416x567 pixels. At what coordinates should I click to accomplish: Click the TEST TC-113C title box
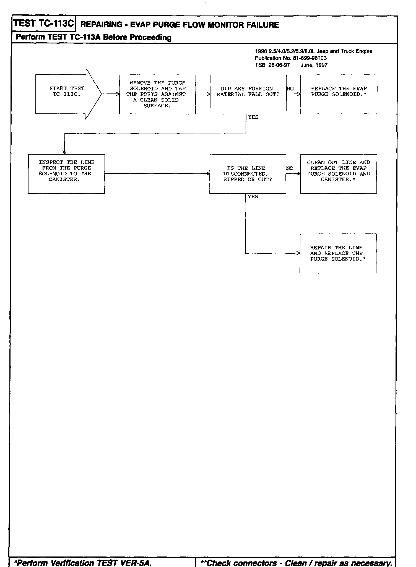[43, 24]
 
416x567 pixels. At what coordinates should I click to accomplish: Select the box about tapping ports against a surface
[157, 94]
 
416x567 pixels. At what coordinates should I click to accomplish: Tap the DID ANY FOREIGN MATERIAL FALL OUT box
[248, 94]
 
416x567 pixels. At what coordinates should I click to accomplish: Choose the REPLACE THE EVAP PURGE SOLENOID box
[339, 94]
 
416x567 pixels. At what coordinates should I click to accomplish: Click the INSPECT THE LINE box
[66, 174]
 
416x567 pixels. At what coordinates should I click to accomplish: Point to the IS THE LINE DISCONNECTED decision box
[248, 174]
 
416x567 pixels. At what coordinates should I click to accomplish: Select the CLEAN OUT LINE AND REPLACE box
[338, 174]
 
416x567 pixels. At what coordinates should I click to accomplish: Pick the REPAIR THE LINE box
[338, 253]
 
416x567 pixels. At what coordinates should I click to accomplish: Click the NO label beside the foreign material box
[290, 89]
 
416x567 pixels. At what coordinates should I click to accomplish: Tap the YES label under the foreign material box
[253, 117]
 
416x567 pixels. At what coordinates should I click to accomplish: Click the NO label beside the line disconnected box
[290, 168]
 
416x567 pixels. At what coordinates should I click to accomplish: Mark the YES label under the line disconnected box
[253, 197]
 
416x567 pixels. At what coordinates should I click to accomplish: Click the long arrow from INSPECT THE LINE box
[157, 174]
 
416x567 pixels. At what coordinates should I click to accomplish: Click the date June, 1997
[314, 65]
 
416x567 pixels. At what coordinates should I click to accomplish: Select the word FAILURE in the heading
[262, 25]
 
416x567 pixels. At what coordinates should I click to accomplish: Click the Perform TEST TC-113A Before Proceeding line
[94, 37]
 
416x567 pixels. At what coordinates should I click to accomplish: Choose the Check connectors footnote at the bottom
[297, 563]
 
